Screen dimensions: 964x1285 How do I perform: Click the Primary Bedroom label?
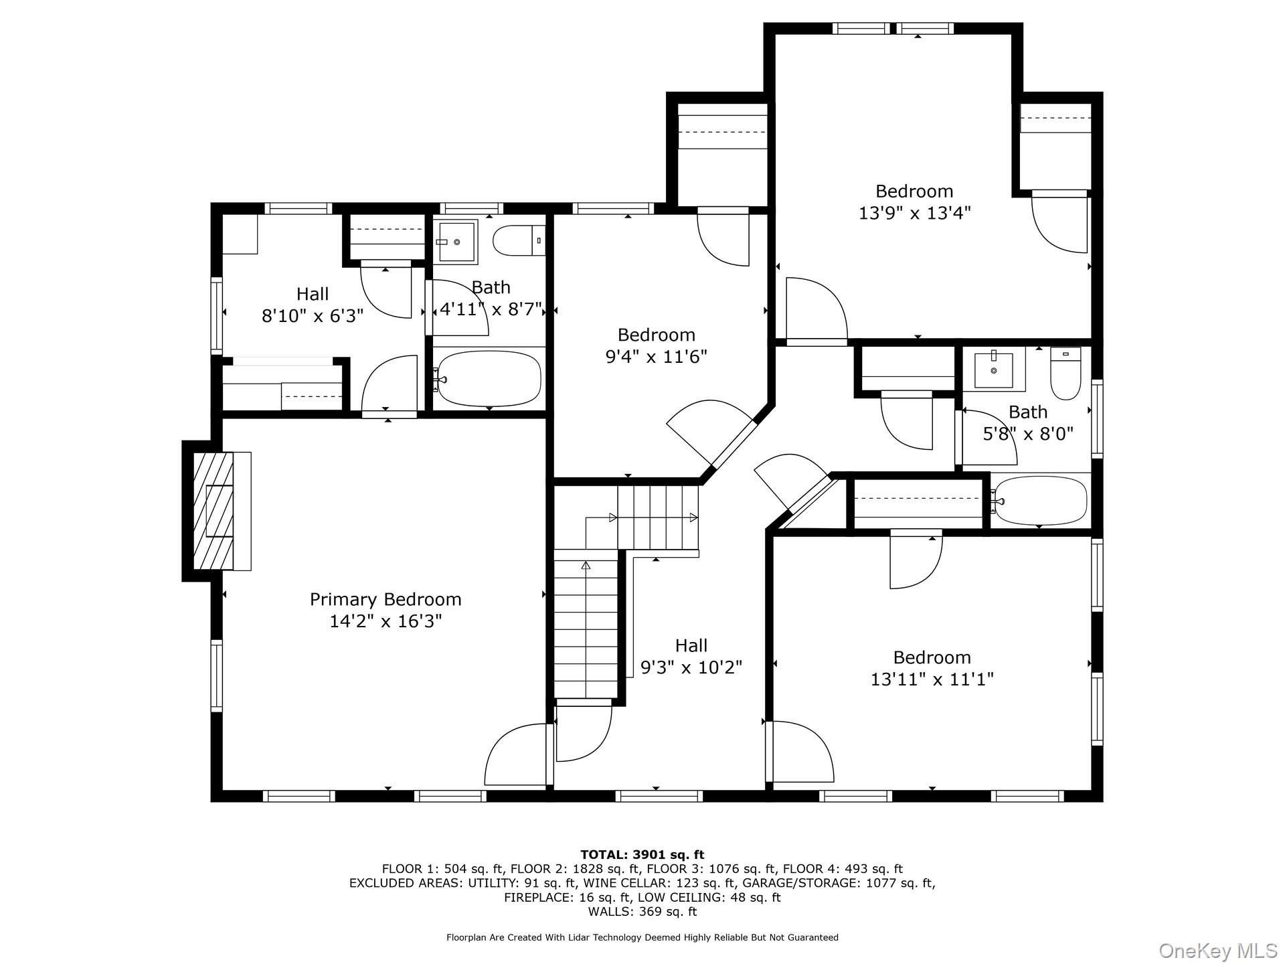coord(385,599)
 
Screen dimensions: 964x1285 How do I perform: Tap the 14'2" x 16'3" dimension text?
coord(385,621)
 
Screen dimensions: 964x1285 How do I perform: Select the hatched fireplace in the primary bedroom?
coord(213,511)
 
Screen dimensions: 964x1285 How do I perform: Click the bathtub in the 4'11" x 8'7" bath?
coord(489,378)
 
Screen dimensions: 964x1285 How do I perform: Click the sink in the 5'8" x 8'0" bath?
coord(994,369)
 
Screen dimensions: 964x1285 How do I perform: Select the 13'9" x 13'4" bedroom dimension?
coord(914,213)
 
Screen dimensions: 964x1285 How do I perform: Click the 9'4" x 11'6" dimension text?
coord(656,356)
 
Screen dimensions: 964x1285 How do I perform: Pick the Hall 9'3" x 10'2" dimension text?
coord(691,667)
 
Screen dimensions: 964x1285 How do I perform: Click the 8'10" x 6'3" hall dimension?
coord(313,315)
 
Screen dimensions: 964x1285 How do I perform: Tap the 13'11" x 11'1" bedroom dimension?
coord(932,679)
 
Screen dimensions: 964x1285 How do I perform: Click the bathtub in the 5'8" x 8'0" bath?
coord(1039,501)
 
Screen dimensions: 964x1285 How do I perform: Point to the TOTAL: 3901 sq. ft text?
coord(642,854)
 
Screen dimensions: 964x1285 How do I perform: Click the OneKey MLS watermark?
coord(1217,950)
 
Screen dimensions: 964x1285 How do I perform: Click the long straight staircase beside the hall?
coord(586,629)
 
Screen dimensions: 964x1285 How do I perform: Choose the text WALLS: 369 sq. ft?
coord(642,912)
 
